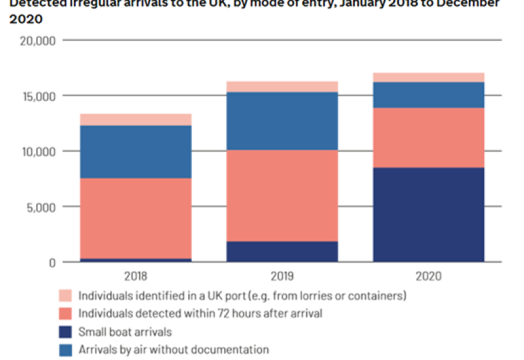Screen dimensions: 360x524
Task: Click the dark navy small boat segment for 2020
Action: (428, 215)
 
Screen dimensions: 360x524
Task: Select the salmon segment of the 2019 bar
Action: (282, 196)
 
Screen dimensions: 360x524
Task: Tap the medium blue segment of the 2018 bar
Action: (136, 152)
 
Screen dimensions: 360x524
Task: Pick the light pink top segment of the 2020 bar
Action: (428, 77)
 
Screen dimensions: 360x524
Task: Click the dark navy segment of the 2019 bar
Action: (282, 251)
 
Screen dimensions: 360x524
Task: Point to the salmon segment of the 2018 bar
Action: (136, 218)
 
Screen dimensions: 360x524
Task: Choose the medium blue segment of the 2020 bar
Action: (428, 95)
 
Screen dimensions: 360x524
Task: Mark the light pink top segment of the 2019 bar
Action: (282, 86)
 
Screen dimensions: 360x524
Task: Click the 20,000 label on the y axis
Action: (37, 41)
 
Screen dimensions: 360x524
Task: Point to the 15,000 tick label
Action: (37, 96)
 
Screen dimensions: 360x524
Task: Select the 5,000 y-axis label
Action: (40, 207)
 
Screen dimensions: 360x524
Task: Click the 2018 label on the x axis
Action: (136, 276)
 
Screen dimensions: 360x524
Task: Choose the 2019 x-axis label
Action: (282, 276)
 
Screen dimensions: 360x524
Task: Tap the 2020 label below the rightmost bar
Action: (428, 276)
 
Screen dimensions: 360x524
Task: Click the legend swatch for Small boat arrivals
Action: (65, 332)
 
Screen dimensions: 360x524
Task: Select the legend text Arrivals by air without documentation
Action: (174, 350)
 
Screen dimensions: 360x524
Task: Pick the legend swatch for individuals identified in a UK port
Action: (65, 295)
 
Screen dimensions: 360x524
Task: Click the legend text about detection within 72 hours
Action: (200, 314)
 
